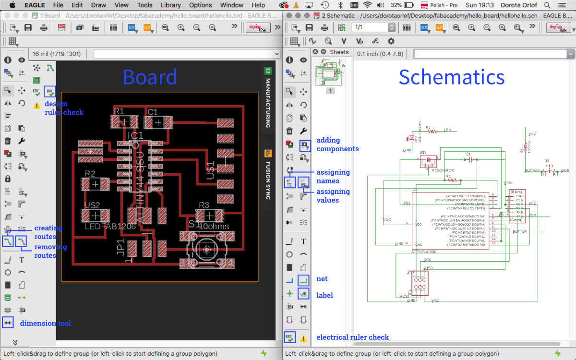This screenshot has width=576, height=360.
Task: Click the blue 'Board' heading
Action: [150, 77]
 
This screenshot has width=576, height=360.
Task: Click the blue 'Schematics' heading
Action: [451, 77]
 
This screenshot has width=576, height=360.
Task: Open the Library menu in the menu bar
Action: [171, 5]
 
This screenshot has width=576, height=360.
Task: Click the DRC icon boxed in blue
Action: [50, 91]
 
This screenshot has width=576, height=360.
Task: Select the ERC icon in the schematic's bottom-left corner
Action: [289, 337]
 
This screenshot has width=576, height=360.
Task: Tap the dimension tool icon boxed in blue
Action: [8, 323]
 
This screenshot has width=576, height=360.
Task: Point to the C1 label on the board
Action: [153, 112]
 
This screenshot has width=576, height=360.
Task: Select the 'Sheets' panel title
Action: [339, 52]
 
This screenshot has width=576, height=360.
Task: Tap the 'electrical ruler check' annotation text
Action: [352, 337]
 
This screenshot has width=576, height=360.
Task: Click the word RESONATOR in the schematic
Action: [443, 170]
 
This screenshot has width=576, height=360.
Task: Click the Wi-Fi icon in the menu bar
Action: [368, 5]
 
